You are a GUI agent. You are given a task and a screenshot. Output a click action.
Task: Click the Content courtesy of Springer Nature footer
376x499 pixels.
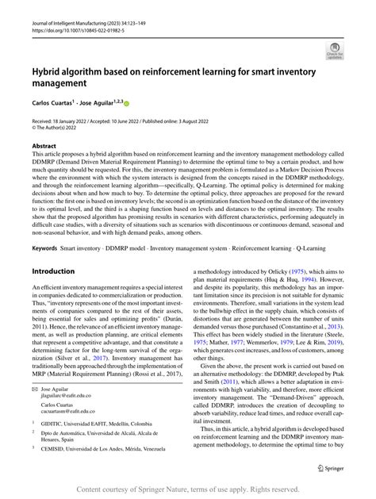click(x=188, y=490)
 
